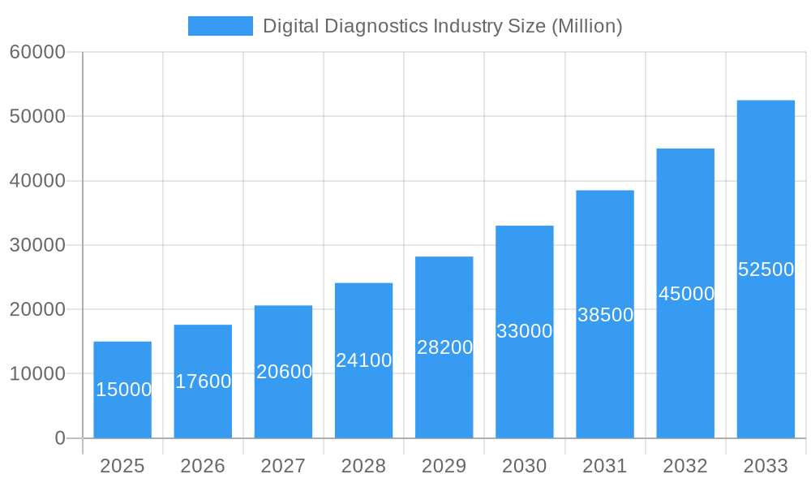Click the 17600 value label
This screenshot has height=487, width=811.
203,381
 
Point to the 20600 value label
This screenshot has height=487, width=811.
284,372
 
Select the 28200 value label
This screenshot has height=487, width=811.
444,347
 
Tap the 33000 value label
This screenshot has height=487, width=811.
524,331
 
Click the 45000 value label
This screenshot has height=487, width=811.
686,294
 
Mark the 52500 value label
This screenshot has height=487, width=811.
766,269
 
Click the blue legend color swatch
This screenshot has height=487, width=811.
220,26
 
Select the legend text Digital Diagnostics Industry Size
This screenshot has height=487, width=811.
443,26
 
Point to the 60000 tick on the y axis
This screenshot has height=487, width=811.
37,52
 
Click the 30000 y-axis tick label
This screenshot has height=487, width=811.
37,245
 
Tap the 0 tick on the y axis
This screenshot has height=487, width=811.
59,438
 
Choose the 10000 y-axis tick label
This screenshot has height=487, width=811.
37,373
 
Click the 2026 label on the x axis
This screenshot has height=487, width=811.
203,466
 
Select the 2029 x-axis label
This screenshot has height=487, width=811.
444,466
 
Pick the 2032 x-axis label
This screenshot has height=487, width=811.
685,466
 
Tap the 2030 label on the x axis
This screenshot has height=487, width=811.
524,466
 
